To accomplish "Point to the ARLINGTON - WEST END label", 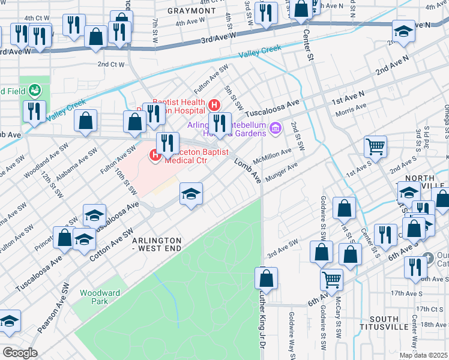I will [x=156, y=244].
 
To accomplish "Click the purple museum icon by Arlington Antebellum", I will [x=276, y=127].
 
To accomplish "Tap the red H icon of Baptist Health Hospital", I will [x=214, y=106].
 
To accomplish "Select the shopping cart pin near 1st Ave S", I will [x=375, y=145].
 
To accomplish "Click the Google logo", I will [x=19, y=353].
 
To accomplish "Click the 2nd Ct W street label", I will [x=110, y=64].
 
